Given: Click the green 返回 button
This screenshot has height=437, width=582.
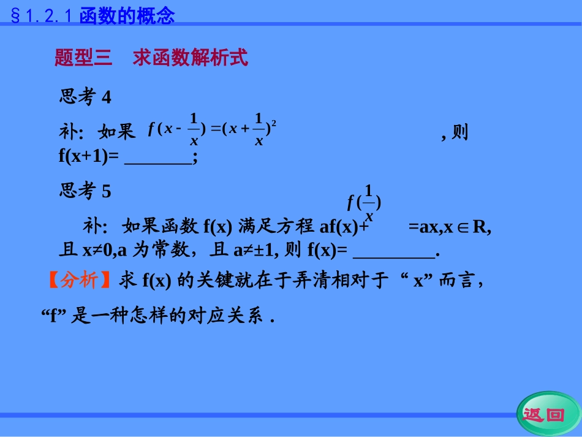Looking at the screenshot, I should click(543, 415).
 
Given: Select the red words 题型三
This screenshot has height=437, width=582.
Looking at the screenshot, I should click(83, 58).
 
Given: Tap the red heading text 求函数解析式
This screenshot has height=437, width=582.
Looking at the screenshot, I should click(190, 58).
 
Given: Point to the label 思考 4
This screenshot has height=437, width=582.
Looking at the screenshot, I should click(85, 97).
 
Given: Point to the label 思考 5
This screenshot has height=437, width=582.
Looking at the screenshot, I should click(85, 191).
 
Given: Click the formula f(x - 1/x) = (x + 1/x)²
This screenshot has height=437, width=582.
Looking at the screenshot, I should click(212, 129).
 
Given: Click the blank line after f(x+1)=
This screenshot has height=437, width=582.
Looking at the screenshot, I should click(158, 157).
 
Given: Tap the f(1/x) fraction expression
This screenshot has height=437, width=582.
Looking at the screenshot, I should click(365, 202).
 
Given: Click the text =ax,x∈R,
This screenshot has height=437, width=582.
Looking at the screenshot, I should click(450, 227).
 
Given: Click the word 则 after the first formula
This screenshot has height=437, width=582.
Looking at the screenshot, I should click(459, 132).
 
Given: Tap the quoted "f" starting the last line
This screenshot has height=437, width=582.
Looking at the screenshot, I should click(53, 316).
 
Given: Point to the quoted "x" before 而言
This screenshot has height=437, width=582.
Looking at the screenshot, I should click(419, 281).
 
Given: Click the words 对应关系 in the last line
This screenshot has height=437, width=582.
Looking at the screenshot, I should click(233, 316).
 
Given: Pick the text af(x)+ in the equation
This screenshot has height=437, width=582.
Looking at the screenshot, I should click(344, 227).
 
